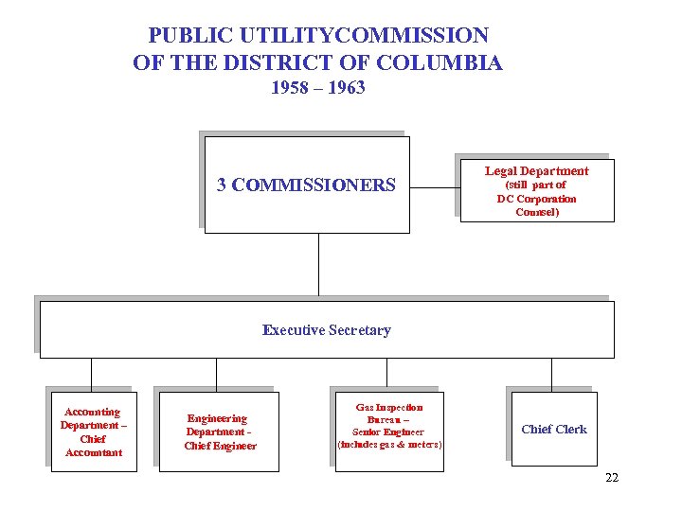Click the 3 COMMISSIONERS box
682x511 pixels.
(x=307, y=185)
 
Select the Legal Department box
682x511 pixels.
(x=536, y=190)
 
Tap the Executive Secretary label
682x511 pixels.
(x=326, y=330)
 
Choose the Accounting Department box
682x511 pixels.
(x=93, y=432)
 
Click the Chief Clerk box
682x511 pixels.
(x=554, y=429)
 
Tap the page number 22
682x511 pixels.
(x=611, y=478)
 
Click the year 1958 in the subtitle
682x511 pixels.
(x=291, y=88)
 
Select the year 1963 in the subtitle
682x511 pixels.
(x=345, y=88)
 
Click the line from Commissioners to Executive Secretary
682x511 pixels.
(x=318, y=267)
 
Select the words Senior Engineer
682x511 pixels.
(x=389, y=432)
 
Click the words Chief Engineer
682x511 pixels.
(x=220, y=446)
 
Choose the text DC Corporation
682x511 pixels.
(x=536, y=199)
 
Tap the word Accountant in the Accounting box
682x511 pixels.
(x=93, y=452)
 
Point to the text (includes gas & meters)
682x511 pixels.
(x=389, y=444)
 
